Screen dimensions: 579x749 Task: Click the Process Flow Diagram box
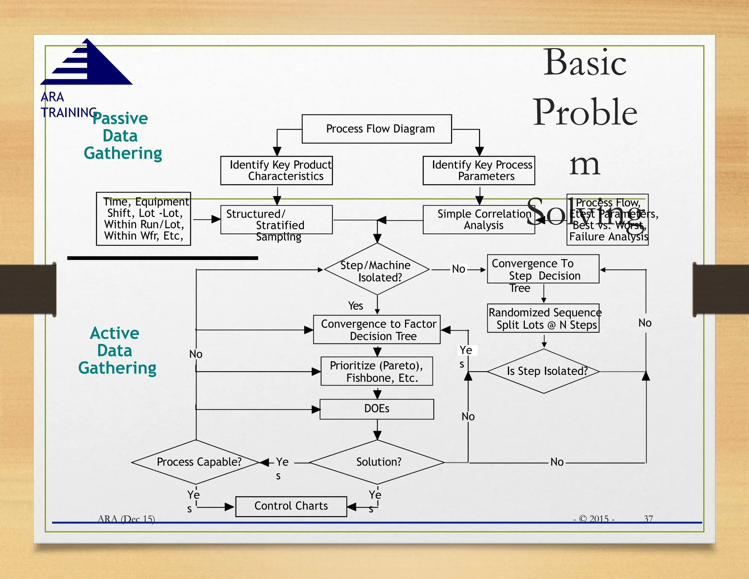tap(377, 129)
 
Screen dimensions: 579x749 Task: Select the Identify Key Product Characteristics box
tap(276, 171)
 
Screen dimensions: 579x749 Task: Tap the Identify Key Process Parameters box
tap(479, 171)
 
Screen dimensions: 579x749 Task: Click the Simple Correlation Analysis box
tap(479, 220)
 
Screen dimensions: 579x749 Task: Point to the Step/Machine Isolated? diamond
tap(377, 269)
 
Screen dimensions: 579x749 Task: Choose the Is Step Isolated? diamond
tap(544, 371)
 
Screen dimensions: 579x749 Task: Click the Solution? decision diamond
tap(377, 462)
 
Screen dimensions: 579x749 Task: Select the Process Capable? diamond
tap(196, 462)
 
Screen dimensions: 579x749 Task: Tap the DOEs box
tap(377, 409)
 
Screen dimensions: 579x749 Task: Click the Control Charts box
tap(291, 506)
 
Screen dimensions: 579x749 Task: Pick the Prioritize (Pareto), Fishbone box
tap(377, 371)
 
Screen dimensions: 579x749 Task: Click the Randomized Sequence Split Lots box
tap(543, 318)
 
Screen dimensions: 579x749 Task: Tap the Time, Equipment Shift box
tap(143, 219)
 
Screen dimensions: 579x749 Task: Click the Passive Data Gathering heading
tap(121, 136)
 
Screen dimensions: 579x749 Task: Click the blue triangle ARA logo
tap(88, 63)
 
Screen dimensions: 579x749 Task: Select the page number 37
tap(648, 519)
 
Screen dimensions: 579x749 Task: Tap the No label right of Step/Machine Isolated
tap(458, 269)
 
